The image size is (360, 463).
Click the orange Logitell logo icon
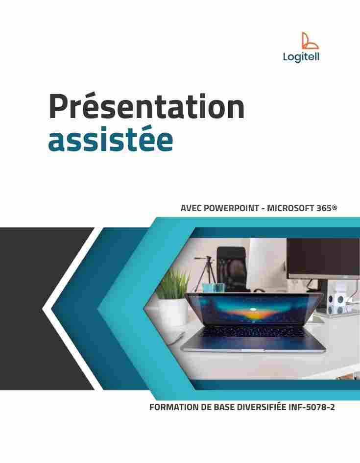coord(310,41)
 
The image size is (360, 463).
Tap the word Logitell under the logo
coord(301,57)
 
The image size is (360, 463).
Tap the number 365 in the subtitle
coord(324,208)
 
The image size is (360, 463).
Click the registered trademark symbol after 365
coord(335,207)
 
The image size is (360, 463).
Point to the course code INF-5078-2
coord(312,407)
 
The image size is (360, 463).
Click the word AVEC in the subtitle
coord(191,208)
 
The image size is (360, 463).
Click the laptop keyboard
coord(253,332)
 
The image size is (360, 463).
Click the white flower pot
coord(173,312)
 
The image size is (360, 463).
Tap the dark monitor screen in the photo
coord(323,258)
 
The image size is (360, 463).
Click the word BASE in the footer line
coord(224,407)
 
